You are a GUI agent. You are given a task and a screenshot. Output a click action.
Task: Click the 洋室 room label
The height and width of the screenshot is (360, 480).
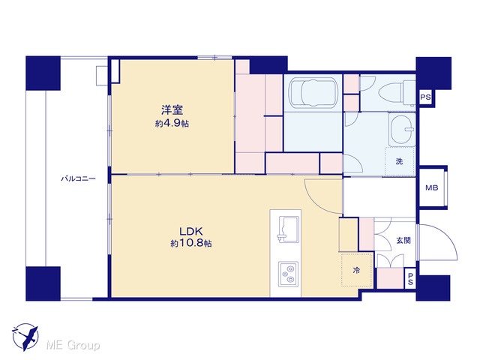pyautogui.click(x=172, y=110)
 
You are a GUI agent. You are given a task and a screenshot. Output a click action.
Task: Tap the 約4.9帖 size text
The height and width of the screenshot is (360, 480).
pyautogui.click(x=172, y=124)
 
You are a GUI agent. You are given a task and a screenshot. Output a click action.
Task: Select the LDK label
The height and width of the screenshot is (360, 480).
pyautogui.click(x=191, y=231)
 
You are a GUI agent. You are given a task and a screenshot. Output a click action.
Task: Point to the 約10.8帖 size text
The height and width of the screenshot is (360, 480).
pyautogui.click(x=191, y=243)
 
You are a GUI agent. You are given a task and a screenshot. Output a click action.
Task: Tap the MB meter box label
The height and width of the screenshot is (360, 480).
pyautogui.click(x=432, y=187)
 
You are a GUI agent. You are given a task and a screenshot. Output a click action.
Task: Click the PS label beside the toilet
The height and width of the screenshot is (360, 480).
pyautogui.click(x=425, y=97)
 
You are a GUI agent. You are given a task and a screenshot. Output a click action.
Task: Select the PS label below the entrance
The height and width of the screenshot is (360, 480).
pyautogui.click(x=410, y=279)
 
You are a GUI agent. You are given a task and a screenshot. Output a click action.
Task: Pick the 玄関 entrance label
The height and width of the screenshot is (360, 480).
pyautogui.click(x=403, y=241)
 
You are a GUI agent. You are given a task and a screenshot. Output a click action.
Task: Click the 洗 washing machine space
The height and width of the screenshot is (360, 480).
pyautogui.click(x=399, y=161)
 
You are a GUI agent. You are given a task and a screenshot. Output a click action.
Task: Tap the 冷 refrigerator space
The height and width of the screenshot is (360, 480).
pyautogui.click(x=357, y=270)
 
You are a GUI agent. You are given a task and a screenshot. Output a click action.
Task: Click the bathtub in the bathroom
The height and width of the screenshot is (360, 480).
pyautogui.click(x=314, y=92)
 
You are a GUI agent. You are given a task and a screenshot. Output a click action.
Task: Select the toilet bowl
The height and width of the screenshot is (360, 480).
pyautogui.click(x=397, y=92)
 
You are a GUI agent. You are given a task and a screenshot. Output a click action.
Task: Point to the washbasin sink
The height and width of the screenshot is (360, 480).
pyautogui.click(x=402, y=129)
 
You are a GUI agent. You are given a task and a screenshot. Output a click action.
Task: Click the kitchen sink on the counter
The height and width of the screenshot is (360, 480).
pyautogui.click(x=288, y=229)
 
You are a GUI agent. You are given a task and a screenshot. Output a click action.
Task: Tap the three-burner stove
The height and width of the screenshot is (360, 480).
pyautogui.click(x=288, y=274)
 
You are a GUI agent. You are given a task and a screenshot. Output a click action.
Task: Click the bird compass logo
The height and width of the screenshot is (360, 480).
pyautogui.click(x=25, y=337)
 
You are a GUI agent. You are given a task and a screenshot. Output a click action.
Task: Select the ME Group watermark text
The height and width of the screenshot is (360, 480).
pyautogui.click(x=73, y=346)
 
